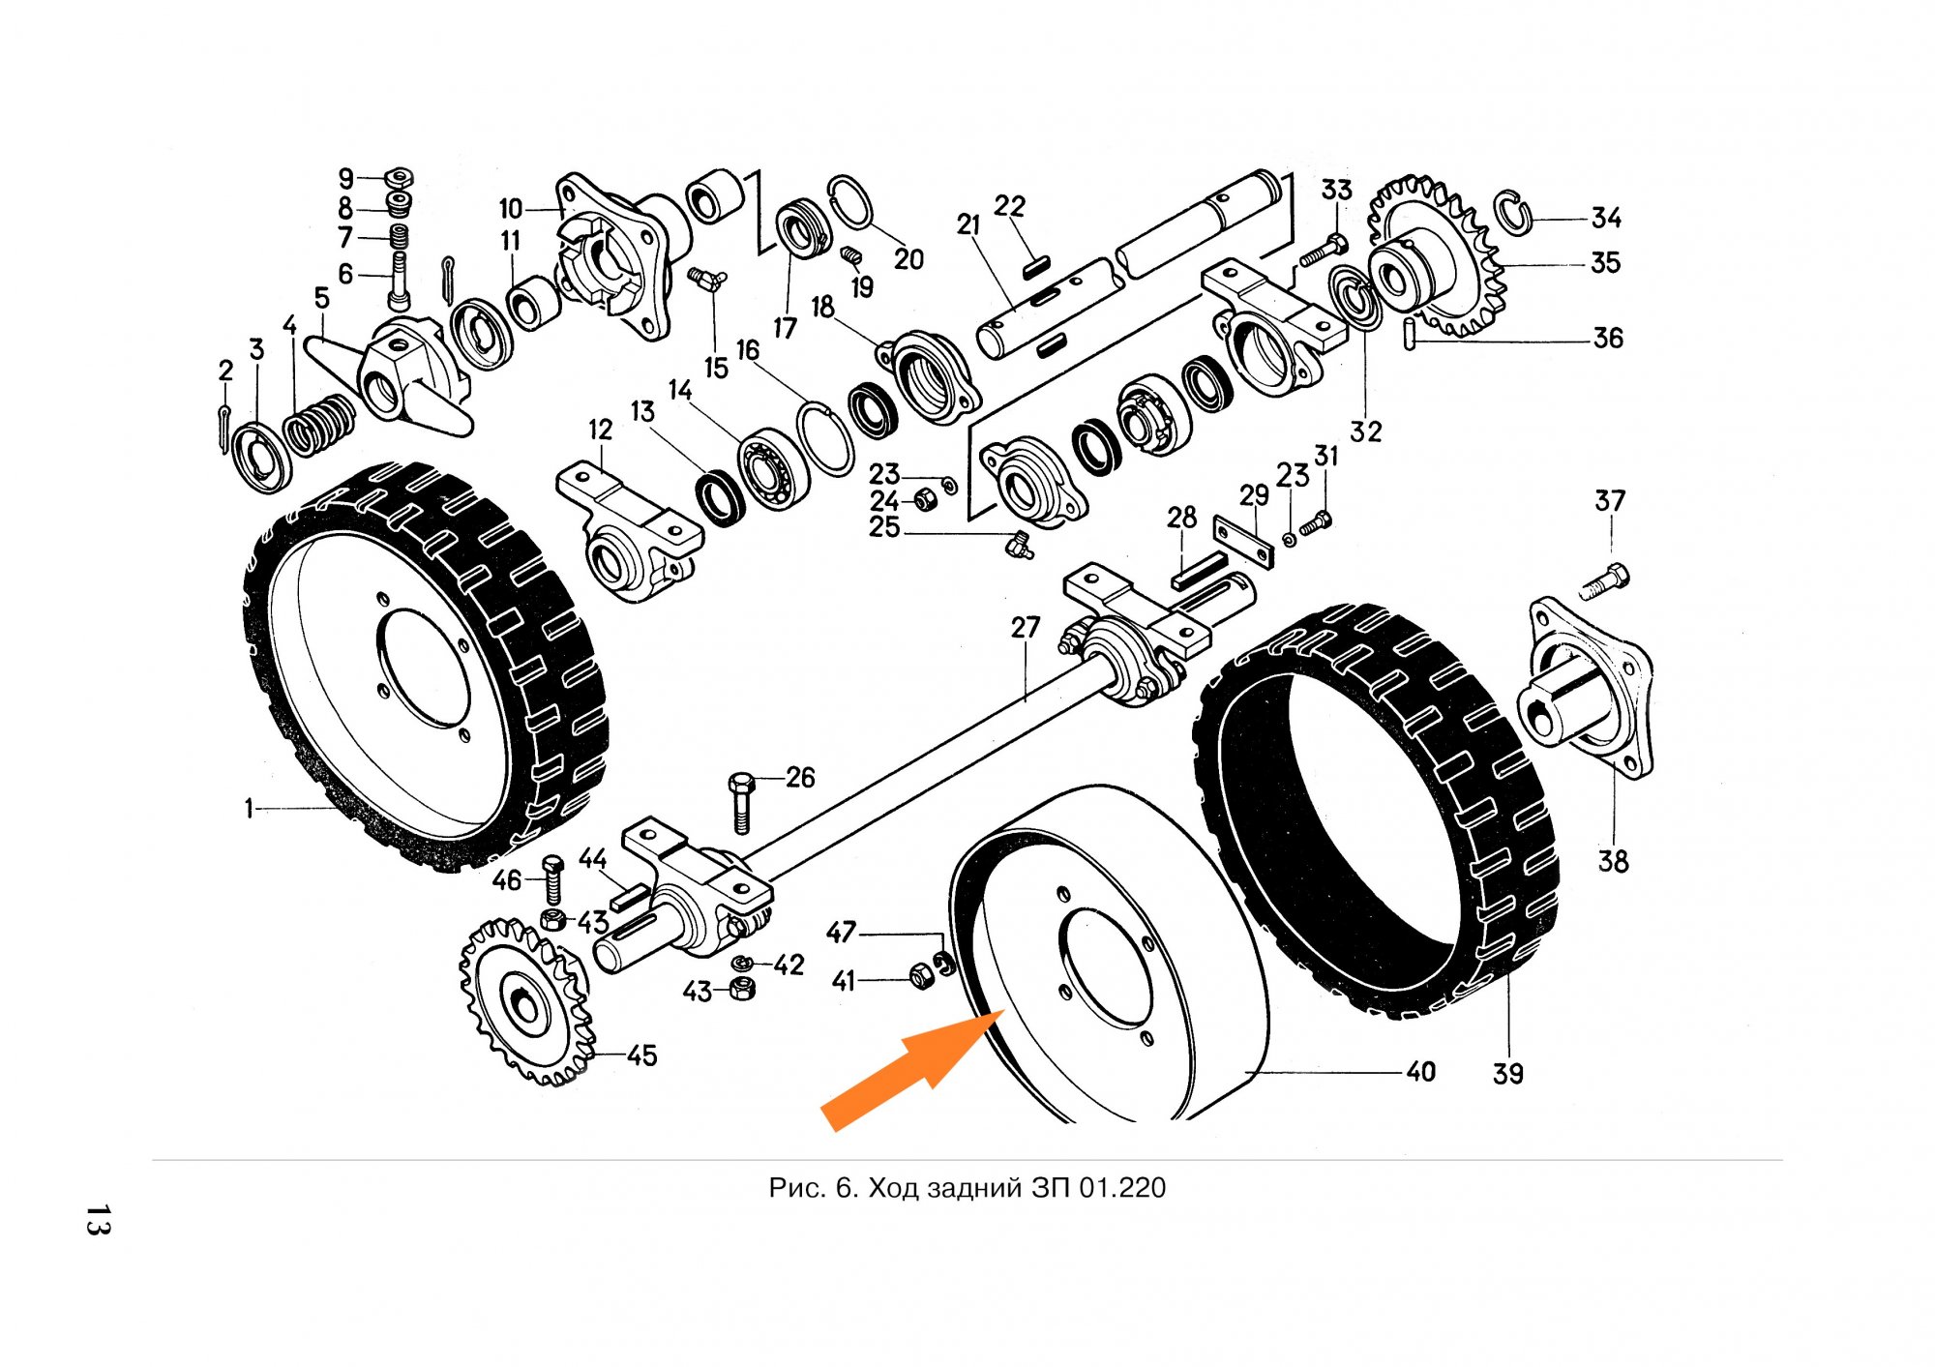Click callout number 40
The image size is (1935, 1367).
coord(1420,1072)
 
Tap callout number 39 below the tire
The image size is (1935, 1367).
coord(1507,1074)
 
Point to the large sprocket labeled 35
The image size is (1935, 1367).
coord(1437,256)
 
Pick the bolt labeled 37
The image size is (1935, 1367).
coord(1607,581)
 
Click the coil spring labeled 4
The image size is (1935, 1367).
coord(318,424)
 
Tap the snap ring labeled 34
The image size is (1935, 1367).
coord(1513,213)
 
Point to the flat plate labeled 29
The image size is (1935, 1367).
coord(1243,543)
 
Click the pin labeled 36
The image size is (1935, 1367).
coord(1412,333)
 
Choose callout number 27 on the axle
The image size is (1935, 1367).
coord(1025,628)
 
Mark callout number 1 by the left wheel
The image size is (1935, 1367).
coord(249,808)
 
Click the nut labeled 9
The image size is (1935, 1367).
coord(400,177)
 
